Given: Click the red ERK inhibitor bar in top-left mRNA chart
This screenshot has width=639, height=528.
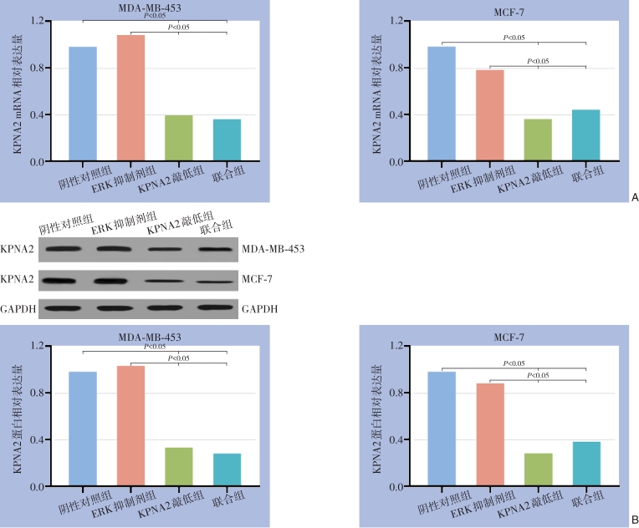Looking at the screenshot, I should coord(131,98).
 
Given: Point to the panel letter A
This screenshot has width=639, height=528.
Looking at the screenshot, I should coord(635,198).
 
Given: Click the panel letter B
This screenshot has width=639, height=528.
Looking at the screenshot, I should coord(634,520).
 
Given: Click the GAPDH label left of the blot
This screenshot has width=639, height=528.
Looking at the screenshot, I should coord(18,309).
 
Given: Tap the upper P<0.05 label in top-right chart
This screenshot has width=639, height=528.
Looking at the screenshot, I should coord(514,38).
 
